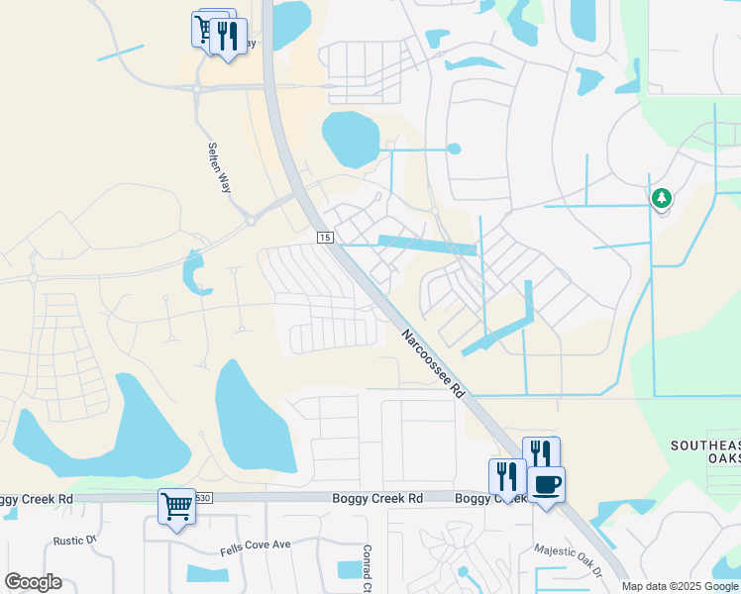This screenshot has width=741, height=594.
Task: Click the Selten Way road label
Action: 218,167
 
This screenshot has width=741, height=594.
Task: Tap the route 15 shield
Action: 325,238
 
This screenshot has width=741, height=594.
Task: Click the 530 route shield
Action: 203,498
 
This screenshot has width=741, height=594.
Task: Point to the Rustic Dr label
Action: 73,541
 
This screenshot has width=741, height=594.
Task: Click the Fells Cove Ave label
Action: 255,544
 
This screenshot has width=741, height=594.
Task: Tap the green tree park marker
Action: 661,199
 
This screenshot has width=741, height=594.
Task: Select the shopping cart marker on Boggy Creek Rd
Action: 177,507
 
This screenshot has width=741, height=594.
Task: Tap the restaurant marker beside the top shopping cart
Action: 228,38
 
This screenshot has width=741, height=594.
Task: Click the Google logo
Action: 33,582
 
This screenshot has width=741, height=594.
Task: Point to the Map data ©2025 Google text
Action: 680,586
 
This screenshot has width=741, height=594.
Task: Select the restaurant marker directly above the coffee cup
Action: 541,453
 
